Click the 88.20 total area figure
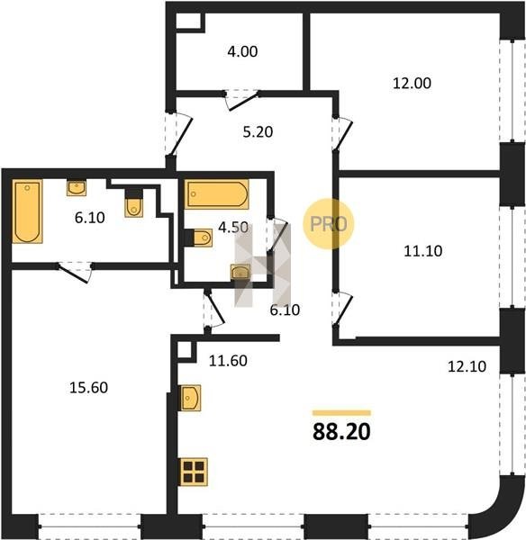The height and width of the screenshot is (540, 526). point(341,431)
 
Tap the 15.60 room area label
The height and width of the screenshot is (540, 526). point(88,388)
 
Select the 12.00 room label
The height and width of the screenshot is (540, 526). point(412,84)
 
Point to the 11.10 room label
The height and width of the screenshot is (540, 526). point(423,251)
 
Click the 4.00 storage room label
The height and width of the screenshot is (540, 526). point(242,51)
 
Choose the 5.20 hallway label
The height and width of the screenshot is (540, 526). point(258,132)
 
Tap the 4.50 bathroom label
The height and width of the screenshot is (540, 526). point(233,228)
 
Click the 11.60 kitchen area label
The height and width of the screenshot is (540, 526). point(228,361)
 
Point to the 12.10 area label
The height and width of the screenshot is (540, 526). point(467,366)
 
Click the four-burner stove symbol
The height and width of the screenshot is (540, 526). point(194,472)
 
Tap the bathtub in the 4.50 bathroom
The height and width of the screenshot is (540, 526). point(217,193)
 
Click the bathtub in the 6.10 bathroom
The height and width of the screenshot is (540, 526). point(27,211)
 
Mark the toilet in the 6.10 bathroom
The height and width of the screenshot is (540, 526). point(133,203)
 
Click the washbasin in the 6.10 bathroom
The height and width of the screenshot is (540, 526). point(77,188)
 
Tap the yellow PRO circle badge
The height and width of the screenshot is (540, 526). point(329,223)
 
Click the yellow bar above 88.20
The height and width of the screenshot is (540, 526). point(341,413)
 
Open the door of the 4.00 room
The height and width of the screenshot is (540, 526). point(242,100)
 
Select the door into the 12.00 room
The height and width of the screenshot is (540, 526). point(342,133)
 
